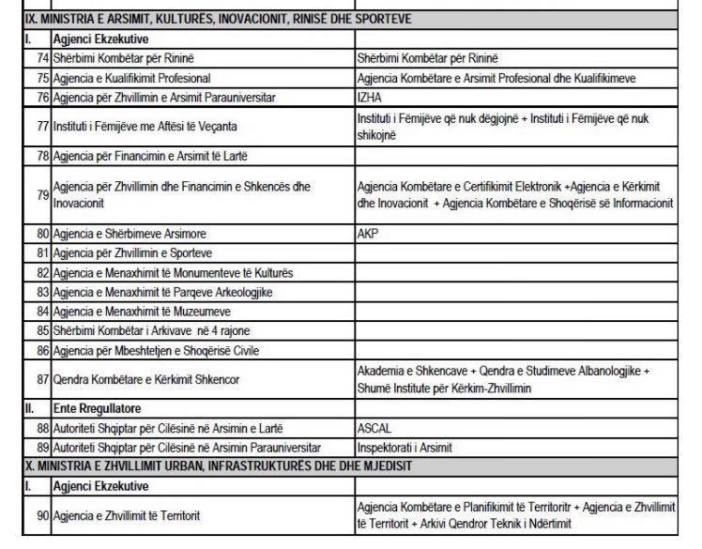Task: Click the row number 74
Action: (41, 59)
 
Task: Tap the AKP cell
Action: (367, 235)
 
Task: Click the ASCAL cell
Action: (374, 428)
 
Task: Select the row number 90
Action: (41, 515)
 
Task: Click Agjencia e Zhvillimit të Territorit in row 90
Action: (127, 515)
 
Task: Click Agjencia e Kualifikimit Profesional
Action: (131, 78)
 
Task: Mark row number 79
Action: (41, 194)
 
